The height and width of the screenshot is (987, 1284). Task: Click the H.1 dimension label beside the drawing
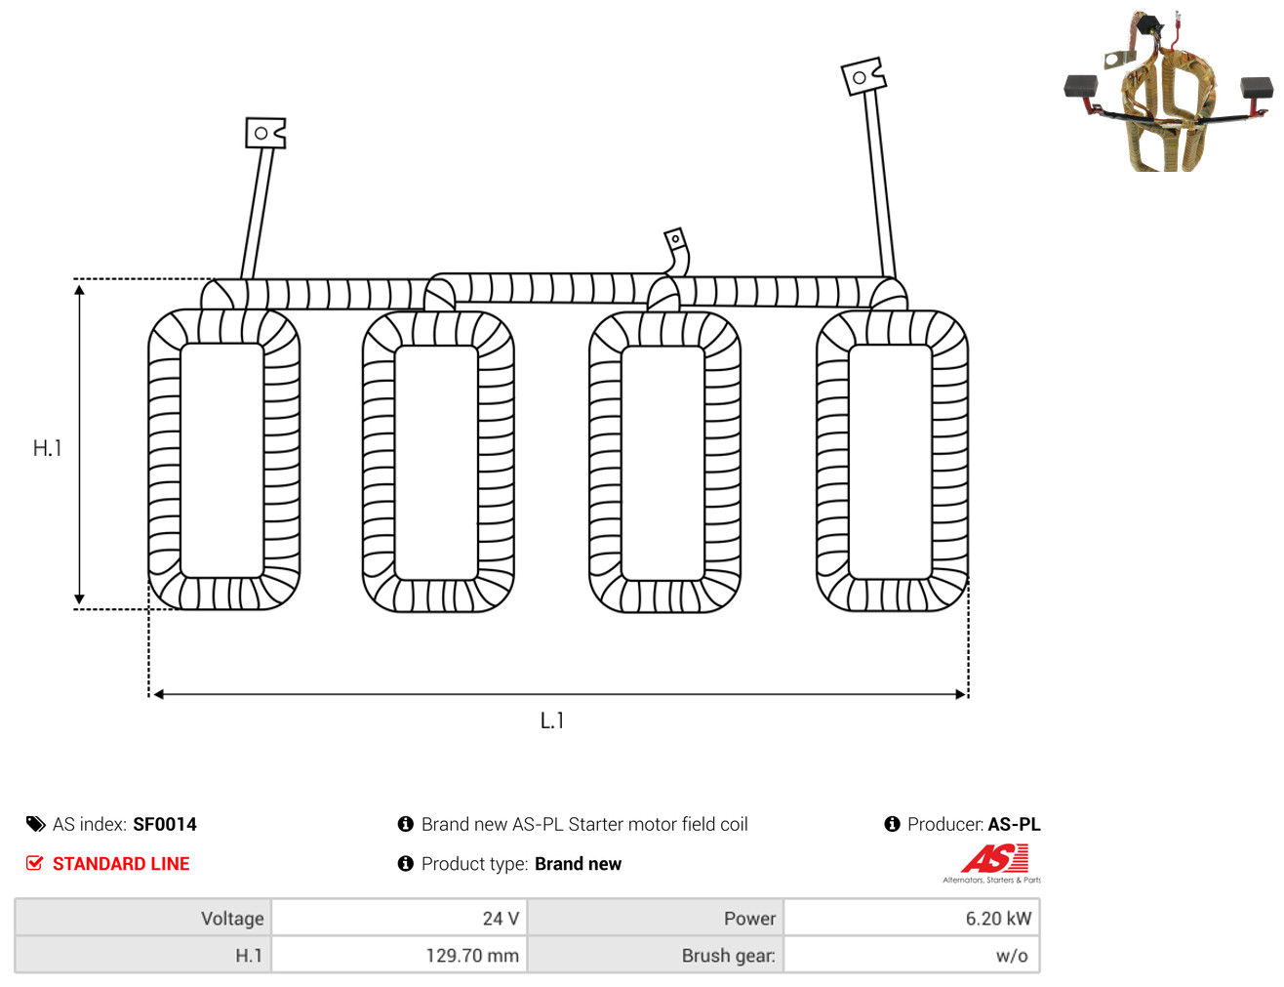tap(47, 448)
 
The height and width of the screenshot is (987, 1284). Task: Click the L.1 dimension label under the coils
tap(552, 720)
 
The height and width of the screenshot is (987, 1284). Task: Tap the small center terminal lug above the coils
tap(675, 240)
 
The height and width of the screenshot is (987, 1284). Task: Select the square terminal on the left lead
tap(266, 133)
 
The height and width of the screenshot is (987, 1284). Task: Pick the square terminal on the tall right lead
tap(863, 76)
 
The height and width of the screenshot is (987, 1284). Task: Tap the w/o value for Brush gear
tap(1012, 956)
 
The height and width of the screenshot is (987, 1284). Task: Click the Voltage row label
tap(232, 919)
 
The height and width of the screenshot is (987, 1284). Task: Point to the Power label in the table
tap(749, 919)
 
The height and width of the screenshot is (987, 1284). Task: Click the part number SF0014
tap(165, 825)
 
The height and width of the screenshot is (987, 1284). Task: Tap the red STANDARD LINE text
tap(121, 863)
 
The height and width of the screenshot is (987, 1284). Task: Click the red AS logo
tap(994, 858)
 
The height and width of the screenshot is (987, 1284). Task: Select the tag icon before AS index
tap(35, 825)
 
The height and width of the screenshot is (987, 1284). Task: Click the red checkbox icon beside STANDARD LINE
tap(35, 863)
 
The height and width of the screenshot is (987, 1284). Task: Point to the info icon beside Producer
tap(892, 824)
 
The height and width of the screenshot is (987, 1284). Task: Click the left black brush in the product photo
tap(1081, 86)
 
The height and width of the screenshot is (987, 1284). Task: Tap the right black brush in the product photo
tap(1257, 88)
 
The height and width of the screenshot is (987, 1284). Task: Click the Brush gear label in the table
tap(728, 956)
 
